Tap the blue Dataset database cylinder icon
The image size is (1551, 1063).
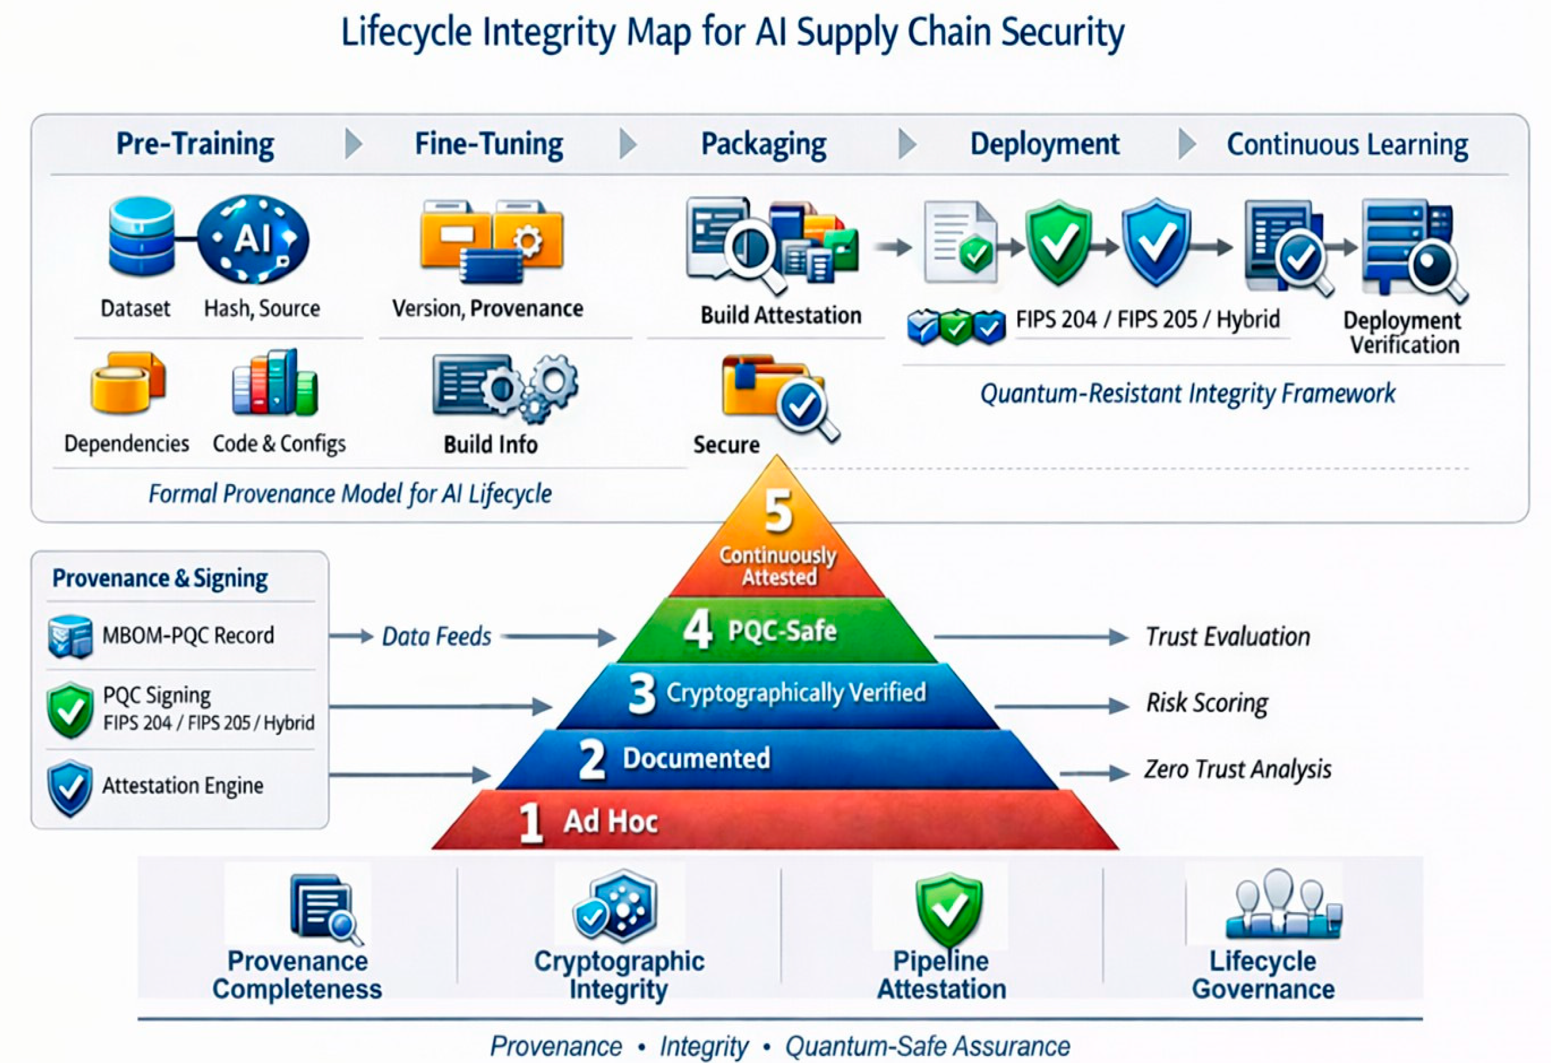click(x=142, y=237)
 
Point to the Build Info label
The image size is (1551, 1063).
click(x=491, y=444)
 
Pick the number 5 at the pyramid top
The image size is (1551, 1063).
click(x=778, y=511)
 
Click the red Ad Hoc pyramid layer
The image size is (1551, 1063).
click(x=775, y=820)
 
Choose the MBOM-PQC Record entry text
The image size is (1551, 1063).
click(x=188, y=635)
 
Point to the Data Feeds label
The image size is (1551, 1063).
click(x=436, y=637)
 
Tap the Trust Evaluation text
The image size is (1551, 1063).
click(x=1228, y=637)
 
